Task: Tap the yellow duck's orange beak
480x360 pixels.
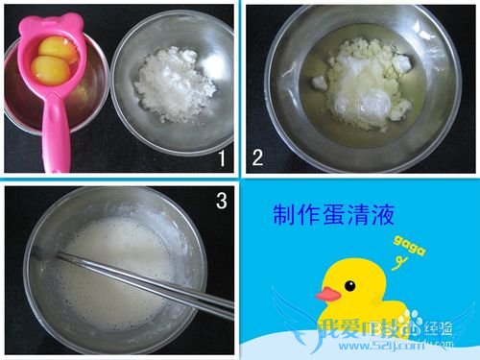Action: (x=330, y=292)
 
